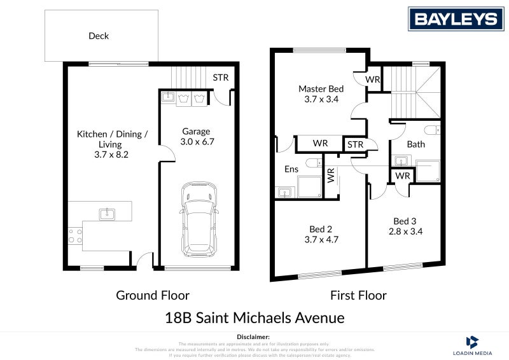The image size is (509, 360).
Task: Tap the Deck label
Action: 99,36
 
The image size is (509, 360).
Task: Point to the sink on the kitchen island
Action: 108,212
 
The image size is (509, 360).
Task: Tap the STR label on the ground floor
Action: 220,78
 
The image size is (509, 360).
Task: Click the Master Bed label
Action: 321,88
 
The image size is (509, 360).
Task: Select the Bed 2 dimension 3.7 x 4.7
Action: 321,240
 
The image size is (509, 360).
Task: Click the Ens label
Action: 291,169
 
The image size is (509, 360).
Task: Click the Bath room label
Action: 416,144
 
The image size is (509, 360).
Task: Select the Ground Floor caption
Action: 152,295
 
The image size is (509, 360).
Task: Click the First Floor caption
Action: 358,295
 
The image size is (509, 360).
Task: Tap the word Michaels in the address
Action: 272,317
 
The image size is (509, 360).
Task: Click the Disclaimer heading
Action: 254,336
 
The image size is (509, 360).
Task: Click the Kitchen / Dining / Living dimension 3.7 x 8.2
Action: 112,154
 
